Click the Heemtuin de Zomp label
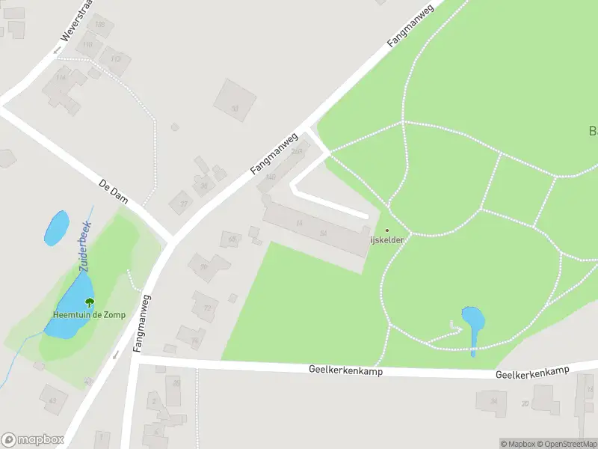(89, 315)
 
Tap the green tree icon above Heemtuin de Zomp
(90, 303)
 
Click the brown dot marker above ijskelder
(387, 230)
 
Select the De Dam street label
(114, 192)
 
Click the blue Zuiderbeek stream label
(84, 245)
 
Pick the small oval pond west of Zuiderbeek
(56, 227)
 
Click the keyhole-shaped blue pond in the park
(472, 320)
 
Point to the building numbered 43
(52, 400)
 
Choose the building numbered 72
(206, 307)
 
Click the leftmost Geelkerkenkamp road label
(345, 370)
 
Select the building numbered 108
(99, 25)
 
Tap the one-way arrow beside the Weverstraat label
(57, 49)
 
